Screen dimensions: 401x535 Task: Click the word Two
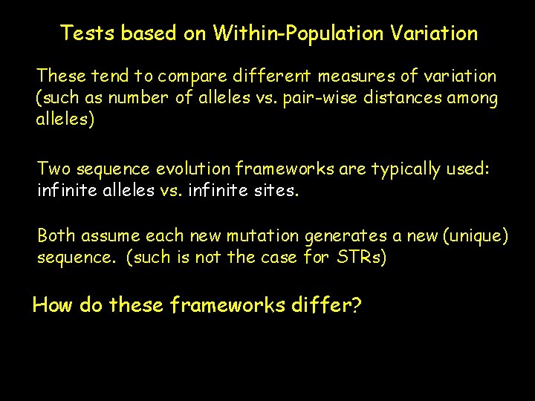click(x=53, y=169)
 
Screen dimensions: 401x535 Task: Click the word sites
click(x=277, y=191)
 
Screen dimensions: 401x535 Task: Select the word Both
click(x=56, y=236)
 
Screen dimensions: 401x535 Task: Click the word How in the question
click(x=52, y=305)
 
